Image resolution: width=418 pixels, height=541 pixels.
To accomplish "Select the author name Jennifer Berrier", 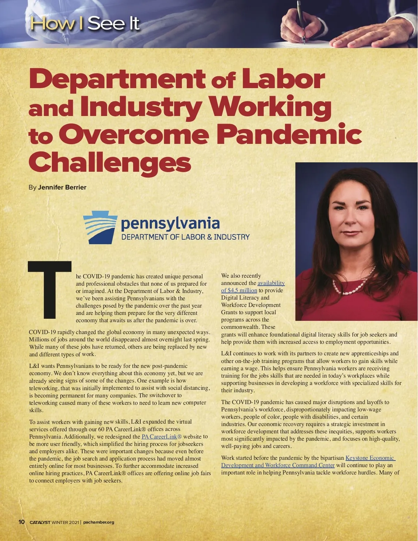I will pos(62,187).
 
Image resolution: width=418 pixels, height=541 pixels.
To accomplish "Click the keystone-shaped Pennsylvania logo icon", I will pos(99,227).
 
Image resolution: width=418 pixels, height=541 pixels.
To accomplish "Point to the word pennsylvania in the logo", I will pos(170,224).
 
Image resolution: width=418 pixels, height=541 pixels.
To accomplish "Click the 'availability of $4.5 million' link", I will pos(253,287).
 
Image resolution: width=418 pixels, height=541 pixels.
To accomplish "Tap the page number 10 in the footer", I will pos(22,522).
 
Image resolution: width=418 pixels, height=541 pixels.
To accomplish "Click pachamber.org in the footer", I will pos(99,522).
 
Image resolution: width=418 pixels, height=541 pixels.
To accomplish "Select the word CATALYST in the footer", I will pos(40,522).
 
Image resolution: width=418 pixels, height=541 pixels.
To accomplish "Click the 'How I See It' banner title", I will pos(85,24).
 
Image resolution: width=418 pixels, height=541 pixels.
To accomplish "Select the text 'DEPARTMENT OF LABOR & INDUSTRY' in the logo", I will pos(185,237).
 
